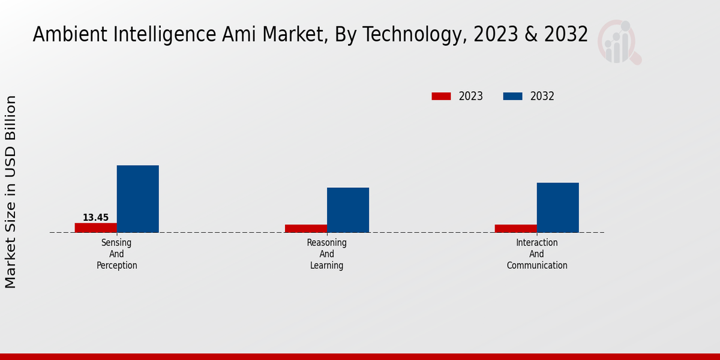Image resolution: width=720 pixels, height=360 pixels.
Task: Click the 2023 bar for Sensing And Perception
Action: [96, 227]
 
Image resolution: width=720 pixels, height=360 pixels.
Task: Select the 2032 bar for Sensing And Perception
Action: [138, 199]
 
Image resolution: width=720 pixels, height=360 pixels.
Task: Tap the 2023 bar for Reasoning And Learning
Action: [306, 228]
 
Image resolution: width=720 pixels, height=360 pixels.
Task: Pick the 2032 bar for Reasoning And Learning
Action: [348, 210]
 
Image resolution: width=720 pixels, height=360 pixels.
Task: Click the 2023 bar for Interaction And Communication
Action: [516, 228]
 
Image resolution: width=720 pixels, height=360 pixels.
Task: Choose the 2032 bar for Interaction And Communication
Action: [558, 207]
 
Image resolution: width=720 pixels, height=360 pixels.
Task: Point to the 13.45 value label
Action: [96, 218]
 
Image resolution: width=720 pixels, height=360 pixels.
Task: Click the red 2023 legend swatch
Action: [441, 96]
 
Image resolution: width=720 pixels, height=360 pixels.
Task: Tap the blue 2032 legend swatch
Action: [512, 96]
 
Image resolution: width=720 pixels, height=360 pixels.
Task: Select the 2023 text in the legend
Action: [471, 96]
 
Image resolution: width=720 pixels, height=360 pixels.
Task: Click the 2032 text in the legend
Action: [542, 96]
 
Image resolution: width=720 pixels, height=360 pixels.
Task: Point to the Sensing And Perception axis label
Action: [117, 254]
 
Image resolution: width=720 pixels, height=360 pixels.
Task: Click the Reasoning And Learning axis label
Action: [327, 254]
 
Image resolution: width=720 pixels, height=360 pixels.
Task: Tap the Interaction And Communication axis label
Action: [537, 254]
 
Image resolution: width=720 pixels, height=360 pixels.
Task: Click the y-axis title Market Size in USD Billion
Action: [11, 192]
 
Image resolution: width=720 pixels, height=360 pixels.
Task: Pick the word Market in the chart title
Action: [287, 35]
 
